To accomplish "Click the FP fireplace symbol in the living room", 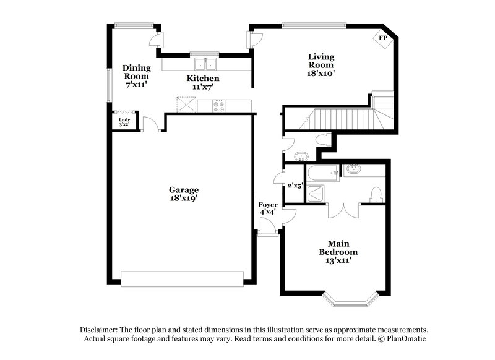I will (383, 39).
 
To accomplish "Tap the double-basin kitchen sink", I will (205, 64).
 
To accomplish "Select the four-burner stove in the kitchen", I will (220, 106).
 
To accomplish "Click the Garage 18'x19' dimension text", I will (184, 194).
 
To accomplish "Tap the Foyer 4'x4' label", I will (268, 208).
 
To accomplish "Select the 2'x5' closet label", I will (295, 185).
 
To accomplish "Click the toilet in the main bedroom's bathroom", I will (374, 194).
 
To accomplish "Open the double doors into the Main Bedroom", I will (343, 209).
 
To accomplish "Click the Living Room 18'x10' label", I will (321, 65).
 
